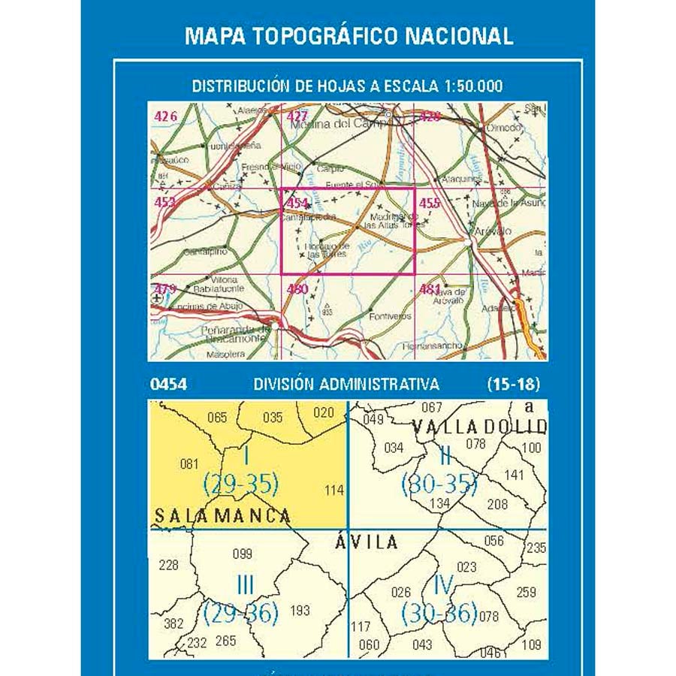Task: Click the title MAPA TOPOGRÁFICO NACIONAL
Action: [349, 36]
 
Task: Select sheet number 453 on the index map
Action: [164, 201]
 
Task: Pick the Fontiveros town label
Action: [391, 317]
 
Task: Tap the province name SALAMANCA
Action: [222, 515]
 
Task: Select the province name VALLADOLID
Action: [479, 427]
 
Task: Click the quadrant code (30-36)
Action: [439, 614]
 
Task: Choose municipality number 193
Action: [299, 611]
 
